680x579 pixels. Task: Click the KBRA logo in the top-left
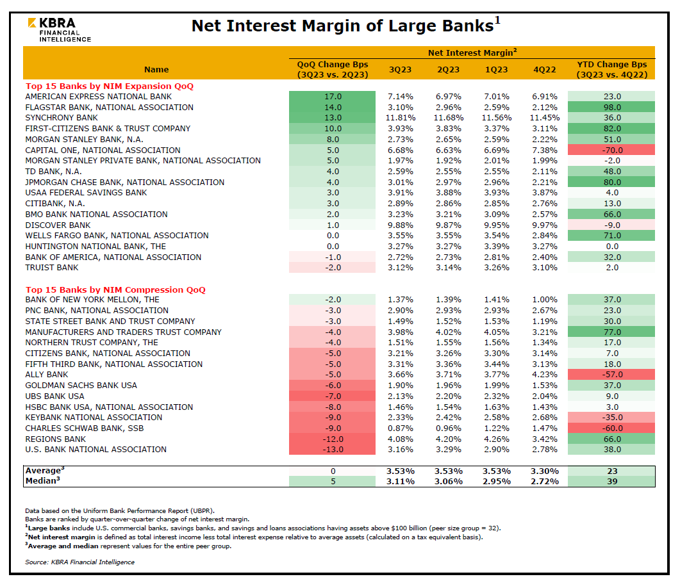(x=59, y=29)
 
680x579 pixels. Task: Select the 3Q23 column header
(x=401, y=69)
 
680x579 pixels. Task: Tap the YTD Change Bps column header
(x=611, y=69)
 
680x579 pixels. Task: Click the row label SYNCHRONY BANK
(x=62, y=118)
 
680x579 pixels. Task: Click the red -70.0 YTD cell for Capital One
(x=611, y=150)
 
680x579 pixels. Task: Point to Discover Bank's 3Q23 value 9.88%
(x=401, y=225)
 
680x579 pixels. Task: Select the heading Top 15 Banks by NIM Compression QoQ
(x=115, y=289)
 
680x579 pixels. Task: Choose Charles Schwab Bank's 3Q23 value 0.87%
(x=401, y=428)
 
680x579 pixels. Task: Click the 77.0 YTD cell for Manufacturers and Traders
(x=611, y=332)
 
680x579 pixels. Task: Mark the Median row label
(x=42, y=481)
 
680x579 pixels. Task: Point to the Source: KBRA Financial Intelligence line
(x=79, y=562)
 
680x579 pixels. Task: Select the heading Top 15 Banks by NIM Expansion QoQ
(x=110, y=86)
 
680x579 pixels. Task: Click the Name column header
(x=156, y=69)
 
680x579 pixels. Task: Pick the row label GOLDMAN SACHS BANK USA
(x=81, y=386)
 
